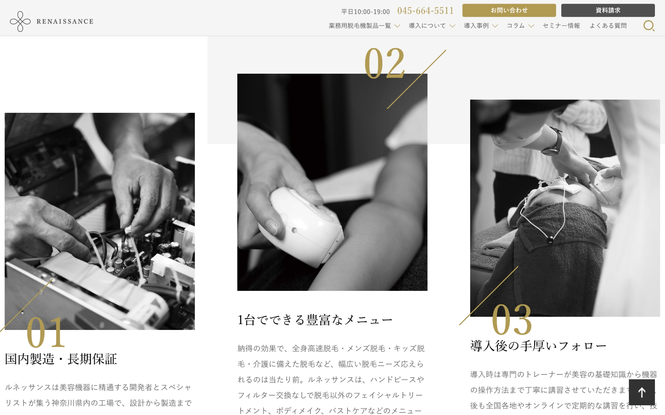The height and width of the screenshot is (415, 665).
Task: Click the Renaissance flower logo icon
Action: point(20,21)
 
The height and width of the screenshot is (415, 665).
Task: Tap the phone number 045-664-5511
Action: point(425,11)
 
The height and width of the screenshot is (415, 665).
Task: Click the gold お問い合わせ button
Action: point(509,10)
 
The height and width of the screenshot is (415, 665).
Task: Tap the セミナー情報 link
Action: point(561,26)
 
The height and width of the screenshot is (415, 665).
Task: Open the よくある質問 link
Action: point(608,26)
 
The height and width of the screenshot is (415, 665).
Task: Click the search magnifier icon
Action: point(649,26)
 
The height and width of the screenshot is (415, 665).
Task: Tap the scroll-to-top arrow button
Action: point(642,392)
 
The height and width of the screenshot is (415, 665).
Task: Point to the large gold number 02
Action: point(384,64)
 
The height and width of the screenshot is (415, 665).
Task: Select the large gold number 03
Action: point(512,320)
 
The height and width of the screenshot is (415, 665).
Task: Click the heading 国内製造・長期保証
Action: point(61,359)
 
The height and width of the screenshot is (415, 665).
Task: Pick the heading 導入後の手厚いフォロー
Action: point(538,346)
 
